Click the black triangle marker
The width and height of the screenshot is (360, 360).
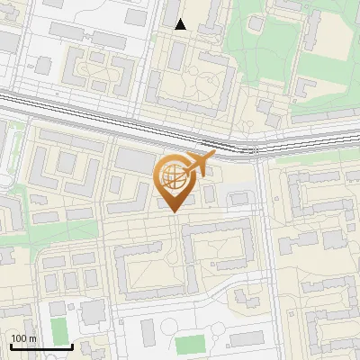point(181,24)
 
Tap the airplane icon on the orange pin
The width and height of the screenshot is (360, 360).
point(199,164)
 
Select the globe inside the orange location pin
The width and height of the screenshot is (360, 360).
point(175,178)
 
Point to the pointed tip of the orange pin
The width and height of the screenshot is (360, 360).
point(174,211)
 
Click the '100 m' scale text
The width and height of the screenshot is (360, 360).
point(23,338)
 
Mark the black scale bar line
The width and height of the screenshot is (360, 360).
point(40,346)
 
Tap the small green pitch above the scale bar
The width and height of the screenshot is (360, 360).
point(58,328)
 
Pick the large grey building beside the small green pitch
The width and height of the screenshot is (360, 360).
point(92,313)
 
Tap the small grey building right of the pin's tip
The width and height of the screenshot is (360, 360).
point(210,194)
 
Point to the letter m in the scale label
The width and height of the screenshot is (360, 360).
point(32,338)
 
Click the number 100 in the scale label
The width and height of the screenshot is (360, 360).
point(19,338)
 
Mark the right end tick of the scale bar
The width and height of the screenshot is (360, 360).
point(72,345)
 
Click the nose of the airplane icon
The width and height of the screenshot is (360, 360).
point(213,157)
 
